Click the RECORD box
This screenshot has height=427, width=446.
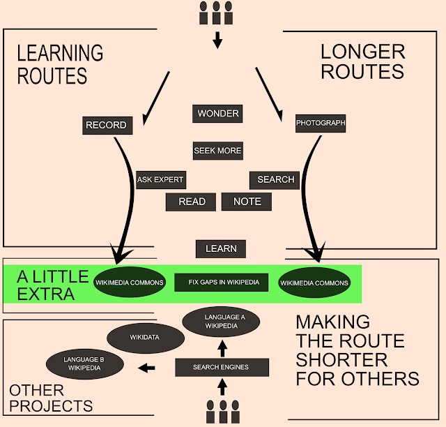click(x=107, y=126)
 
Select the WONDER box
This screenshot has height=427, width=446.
click(x=217, y=114)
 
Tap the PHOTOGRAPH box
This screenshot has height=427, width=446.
click(x=321, y=123)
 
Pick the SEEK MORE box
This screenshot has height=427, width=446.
click(x=218, y=151)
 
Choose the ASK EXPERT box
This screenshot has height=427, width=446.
click(x=161, y=180)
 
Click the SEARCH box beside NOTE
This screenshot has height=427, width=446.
click(x=275, y=180)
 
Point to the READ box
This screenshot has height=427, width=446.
click(x=191, y=202)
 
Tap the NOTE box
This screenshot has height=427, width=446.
click(x=247, y=202)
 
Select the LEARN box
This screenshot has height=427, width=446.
click(x=221, y=249)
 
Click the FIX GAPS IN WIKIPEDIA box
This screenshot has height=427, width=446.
click(x=222, y=283)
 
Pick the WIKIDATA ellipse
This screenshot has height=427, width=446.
click(x=146, y=338)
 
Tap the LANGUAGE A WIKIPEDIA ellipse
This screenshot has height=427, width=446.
click(x=221, y=322)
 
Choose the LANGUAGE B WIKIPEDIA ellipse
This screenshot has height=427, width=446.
click(x=85, y=364)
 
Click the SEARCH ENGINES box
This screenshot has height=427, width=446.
click(x=222, y=368)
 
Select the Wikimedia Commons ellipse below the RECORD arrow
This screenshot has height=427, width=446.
click(x=130, y=282)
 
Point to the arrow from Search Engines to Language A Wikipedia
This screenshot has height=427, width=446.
click(x=222, y=349)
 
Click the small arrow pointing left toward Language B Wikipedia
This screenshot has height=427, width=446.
click(x=146, y=368)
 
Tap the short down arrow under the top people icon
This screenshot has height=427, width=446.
click(x=217, y=40)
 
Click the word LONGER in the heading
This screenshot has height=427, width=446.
click(x=363, y=52)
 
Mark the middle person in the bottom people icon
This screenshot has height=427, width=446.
click(x=223, y=412)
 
